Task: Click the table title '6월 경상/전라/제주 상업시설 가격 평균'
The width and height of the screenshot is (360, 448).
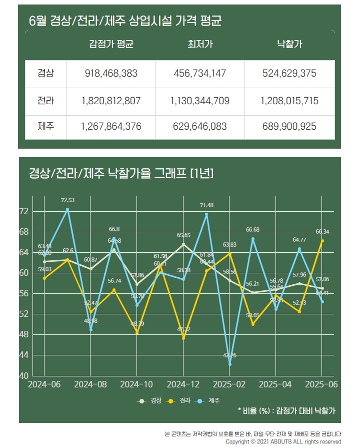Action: (x=125, y=21)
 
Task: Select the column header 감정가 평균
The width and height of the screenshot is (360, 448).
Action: (x=111, y=45)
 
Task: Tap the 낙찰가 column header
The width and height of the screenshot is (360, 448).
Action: (x=289, y=45)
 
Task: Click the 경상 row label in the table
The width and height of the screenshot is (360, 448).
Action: (x=45, y=74)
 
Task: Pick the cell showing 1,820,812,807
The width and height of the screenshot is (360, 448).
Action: (x=111, y=101)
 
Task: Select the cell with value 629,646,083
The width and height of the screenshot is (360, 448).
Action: (x=200, y=126)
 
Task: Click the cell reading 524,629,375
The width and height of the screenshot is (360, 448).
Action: (x=289, y=74)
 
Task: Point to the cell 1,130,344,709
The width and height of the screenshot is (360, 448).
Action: (x=200, y=101)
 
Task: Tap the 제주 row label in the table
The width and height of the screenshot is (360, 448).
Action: (x=45, y=126)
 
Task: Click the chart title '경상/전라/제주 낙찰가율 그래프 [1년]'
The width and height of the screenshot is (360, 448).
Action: (x=121, y=174)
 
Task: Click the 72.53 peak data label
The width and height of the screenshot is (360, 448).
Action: (x=67, y=200)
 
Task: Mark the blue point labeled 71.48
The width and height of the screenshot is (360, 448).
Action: (x=206, y=214)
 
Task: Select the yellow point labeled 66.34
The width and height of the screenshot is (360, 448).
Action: (x=322, y=240)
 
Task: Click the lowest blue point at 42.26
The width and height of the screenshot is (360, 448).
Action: (x=230, y=364)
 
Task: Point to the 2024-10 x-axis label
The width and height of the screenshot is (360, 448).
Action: (x=136, y=384)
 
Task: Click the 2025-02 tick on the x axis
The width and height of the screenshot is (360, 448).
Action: (x=229, y=384)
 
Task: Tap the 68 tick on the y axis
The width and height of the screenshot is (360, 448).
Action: (x=24, y=232)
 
